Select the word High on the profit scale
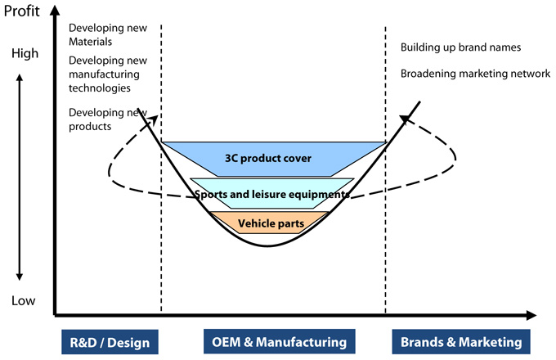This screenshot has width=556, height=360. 25,54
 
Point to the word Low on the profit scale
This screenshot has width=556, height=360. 24,301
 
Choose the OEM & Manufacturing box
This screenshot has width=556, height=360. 274,341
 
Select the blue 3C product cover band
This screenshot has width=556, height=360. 274,158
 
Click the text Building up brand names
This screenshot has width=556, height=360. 460,47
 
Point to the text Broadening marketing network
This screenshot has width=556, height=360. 475,74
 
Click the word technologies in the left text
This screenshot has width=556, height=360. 101,88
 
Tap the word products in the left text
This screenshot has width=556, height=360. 90,127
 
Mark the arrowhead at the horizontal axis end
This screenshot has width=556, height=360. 532,314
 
